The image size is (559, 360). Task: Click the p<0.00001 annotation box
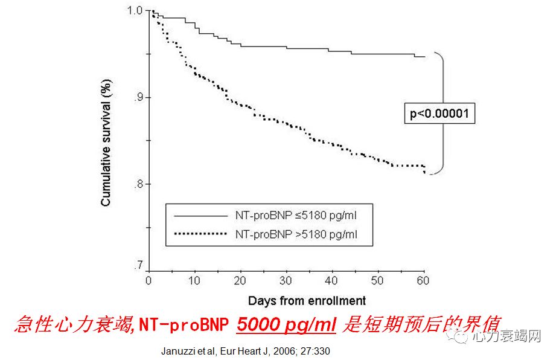[x=439, y=113]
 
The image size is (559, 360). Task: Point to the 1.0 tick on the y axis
[x=136, y=11]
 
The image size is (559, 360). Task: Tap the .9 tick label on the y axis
[x=138, y=97]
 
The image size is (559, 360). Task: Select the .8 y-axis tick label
[x=138, y=184]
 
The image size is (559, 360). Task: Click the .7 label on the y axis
[x=138, y=266]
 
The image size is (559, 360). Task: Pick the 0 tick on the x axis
[x=149, y=281]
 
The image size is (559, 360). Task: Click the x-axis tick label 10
[x=194, y=281]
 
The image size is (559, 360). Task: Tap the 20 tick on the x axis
[x=240, y=281]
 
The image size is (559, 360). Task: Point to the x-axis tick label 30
[x=286, y=281]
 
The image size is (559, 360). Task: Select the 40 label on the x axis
[x=331, y=281]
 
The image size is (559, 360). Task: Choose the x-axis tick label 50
[x=377, y=281]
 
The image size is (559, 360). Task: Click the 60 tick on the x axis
[x=423, y=281]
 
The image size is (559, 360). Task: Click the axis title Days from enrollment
[x=307, y=300]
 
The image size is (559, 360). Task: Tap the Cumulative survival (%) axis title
[x=106, y=143]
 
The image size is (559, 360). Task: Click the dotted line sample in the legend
[x=199, y=234]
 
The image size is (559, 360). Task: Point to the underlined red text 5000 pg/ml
[x=286, y=325]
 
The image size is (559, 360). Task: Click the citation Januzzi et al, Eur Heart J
[x=246, y=350]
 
